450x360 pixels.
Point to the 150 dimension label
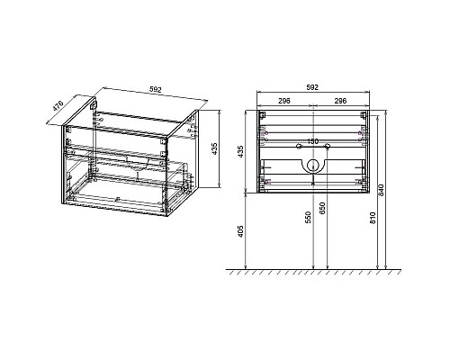tap(312, 141)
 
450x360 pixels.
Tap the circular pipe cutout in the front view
tap(312, 166)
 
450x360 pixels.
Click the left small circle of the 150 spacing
tap(298, 146)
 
